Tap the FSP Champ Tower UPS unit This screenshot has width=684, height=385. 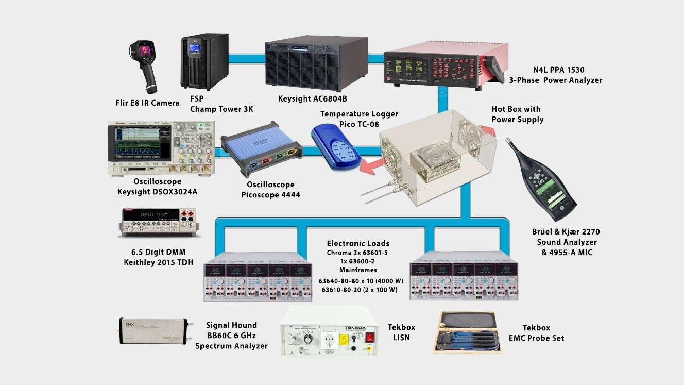click(204, 61)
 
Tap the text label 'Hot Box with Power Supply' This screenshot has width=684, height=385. click(517, 114)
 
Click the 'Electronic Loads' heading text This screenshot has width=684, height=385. click(357, 243)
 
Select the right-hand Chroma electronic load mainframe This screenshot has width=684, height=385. click(464, 276)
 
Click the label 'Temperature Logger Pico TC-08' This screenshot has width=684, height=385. click(359, 119)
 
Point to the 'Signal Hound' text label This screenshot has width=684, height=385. click(231, 325)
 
